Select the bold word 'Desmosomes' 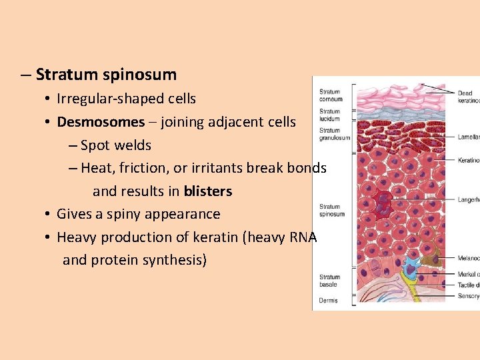101,122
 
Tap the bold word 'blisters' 208,191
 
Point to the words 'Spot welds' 116,145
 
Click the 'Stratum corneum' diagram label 331,95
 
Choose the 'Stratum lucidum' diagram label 330,115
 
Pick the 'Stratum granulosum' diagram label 334,134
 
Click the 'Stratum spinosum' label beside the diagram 331,210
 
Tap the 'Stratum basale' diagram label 329,280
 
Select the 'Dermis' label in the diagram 328,300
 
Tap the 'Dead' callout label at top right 465,93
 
